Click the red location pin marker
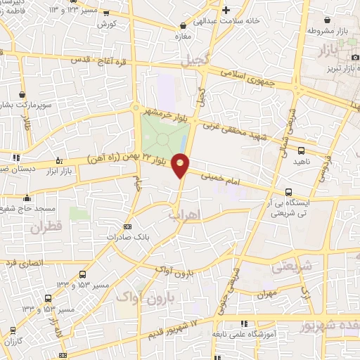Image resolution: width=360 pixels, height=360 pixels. click(x=181, y=165)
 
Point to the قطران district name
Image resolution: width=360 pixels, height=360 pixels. click(x=46, y=227)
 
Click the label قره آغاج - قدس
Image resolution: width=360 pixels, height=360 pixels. click(x=98, y=61)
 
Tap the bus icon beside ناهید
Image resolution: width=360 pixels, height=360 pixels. click(x=302, y=150)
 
